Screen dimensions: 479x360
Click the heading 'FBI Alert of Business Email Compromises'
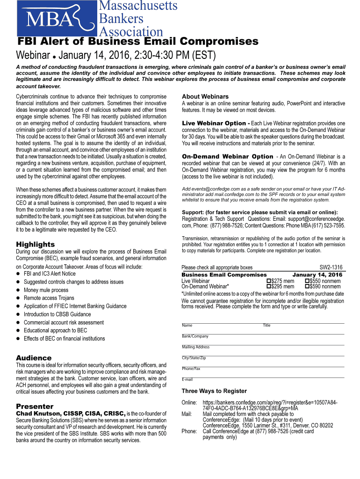pos(138,42)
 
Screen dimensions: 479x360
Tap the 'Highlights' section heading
pos(35,244)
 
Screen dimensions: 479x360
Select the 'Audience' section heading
pos(34,358)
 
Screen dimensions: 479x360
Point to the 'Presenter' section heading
pos(35,406)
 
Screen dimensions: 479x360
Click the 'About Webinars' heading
pos(205,96)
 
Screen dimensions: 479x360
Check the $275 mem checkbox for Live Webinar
pos(268,281)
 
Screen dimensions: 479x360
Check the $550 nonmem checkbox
pos(307,281)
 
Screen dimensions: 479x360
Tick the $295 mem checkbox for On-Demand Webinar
pos(268,287)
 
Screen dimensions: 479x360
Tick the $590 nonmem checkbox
pos(307,287)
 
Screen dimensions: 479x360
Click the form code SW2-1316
pos(331,268)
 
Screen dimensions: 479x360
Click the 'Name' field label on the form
pos(187,325)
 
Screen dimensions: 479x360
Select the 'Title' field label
pos(266,325)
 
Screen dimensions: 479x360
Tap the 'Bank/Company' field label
pos(195,336)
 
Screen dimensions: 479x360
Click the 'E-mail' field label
pos(187,379)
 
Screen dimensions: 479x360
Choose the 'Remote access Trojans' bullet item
pos(49,298)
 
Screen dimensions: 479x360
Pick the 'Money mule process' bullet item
pos(46,290)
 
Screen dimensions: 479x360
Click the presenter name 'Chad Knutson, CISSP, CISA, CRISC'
pos(71,414)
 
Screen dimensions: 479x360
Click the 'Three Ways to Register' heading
pos(214,391)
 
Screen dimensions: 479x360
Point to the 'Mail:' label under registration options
pos(187,414)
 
